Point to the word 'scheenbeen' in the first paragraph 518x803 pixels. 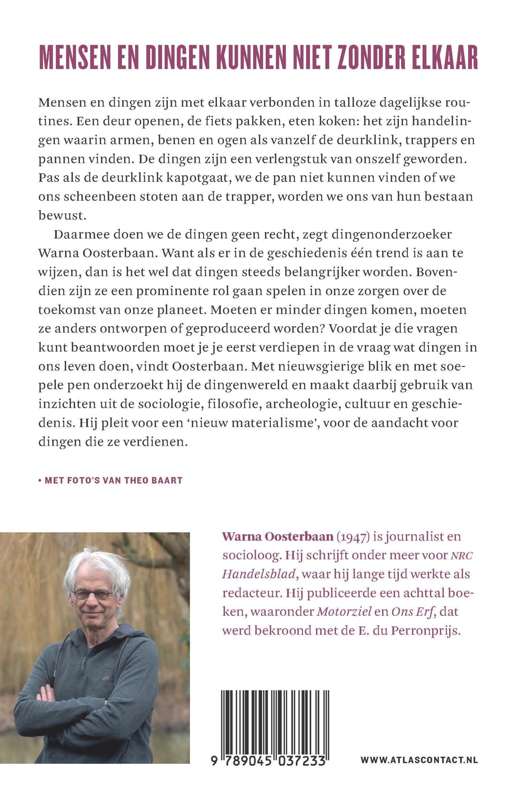coord(97,197)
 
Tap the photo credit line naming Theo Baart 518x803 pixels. coord(111,481)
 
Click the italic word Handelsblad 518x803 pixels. coord(259,575)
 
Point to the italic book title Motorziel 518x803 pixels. coord(344,612)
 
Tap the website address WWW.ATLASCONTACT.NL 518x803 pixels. coord(419,760)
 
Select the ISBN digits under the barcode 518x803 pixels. coord(269,761)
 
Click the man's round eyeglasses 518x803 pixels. coord(93,595)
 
